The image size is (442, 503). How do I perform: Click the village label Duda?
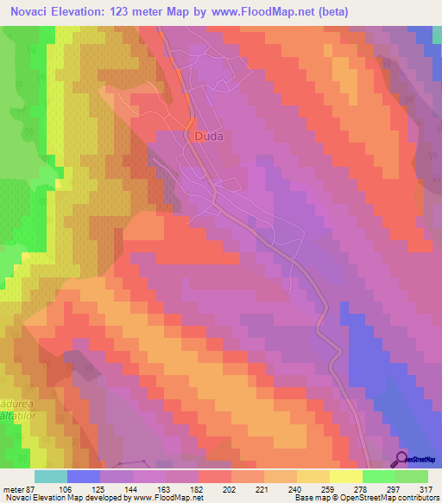pos(205,137)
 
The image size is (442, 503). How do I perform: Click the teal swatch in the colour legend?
pos(51,476)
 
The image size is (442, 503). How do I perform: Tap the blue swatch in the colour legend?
pos(84,476)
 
